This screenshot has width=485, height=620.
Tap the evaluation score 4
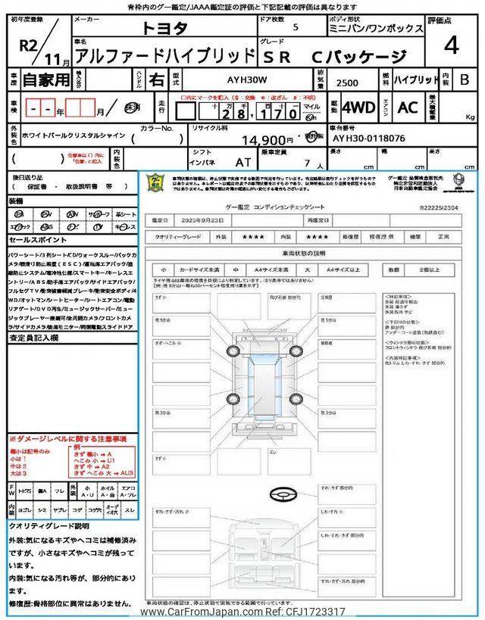tap(451, 45)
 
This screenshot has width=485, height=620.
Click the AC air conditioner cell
tap(408, 107)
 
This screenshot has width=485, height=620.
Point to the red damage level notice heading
tap(67, 438)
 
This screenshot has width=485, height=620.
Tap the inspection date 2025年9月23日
tap(206, 220)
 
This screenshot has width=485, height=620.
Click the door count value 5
tap(295, 28)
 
